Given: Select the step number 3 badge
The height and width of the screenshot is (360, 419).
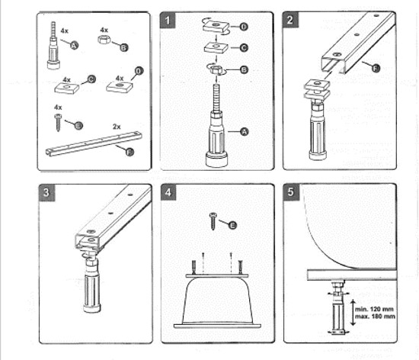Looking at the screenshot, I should tap(47, 192).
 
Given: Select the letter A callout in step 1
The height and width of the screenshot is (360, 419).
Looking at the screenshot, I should tap(245, 131).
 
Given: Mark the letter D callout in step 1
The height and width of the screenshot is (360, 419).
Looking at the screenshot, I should tap(243, 27).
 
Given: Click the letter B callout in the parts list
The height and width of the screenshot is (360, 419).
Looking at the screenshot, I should tap(123, 47).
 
